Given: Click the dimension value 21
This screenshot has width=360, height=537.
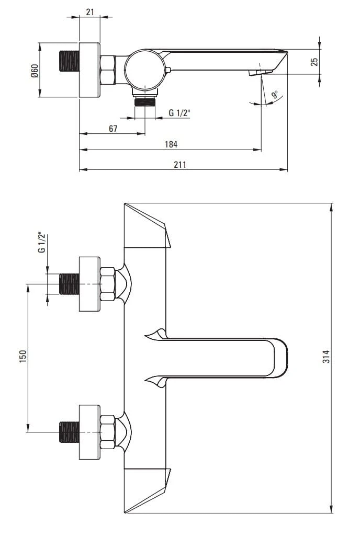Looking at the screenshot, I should tap(89, 12).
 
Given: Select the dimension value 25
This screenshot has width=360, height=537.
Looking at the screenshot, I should tap(314, 62).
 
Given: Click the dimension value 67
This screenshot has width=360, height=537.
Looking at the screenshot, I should tap(113, 129).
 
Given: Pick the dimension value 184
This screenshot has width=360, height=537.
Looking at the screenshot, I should tap(171, 144).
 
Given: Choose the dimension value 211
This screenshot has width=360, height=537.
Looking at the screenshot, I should tap(179, 164).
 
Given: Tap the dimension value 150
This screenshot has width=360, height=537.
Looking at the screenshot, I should tap(22, 356).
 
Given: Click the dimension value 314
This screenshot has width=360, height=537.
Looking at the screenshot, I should tap(326, 357).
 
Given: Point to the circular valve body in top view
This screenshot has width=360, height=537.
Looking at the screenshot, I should tap(144, 69).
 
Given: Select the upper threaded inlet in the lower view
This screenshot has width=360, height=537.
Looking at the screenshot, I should tap(69, 284).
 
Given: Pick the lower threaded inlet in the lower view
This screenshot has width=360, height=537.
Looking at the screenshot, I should tap(69, 431).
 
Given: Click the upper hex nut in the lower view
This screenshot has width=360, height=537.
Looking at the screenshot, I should tap(107, 284).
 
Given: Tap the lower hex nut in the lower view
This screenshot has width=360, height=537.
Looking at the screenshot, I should tap(107, 432).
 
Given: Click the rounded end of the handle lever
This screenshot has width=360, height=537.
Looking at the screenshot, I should tap(280, 358).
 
